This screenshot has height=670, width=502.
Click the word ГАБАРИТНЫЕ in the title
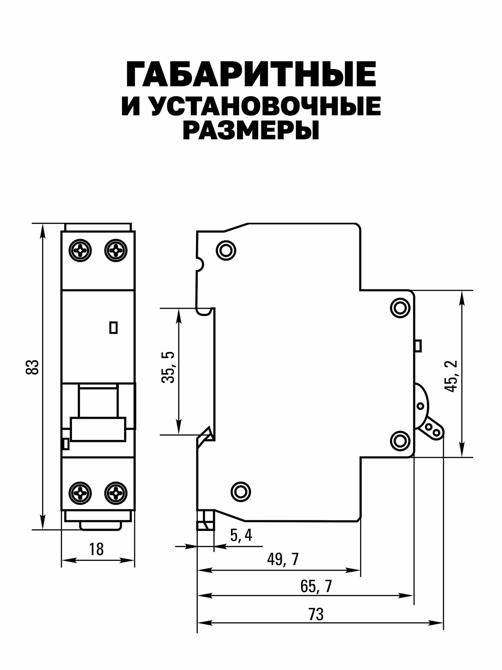pos(251,74)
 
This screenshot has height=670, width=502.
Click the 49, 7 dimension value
pos(283,560)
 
